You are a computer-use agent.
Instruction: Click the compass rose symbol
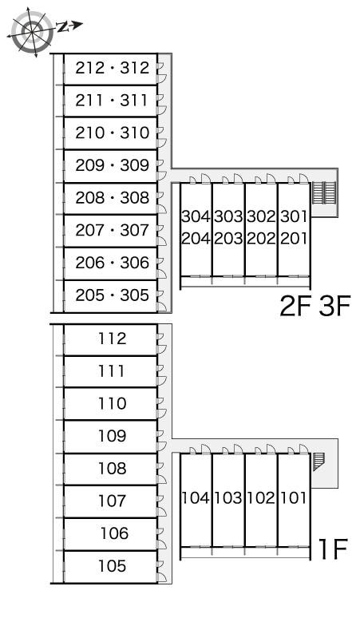(x=32, y=32)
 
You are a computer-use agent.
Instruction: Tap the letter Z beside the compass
(x=62, y=27)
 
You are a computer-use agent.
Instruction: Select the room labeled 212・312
(x=113, y=68)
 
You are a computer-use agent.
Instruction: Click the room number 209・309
(x=113, y=165)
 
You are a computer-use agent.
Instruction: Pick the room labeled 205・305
(x=113, y=295)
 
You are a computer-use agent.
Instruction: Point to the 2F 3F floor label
(x=315, y=306)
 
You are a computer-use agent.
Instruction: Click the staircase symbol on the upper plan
(x=324, y=192)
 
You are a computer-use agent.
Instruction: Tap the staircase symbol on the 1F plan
(x=318, y=462)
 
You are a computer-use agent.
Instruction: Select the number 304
(x=196, y=216)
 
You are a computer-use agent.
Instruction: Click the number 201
(x=294, y=238)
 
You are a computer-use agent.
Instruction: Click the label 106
(x=115, y=533)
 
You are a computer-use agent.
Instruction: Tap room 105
(x=113, y=565)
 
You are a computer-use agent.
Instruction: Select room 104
(x=196, y=497)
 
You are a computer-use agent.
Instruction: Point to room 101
(x=294, y=497)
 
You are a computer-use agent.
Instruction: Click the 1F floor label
(x=333, y=549)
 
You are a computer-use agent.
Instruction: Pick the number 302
(x=261, y=216)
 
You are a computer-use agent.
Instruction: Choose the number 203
(x=228, y=238)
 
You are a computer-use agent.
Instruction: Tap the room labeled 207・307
(x=113, y=230)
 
